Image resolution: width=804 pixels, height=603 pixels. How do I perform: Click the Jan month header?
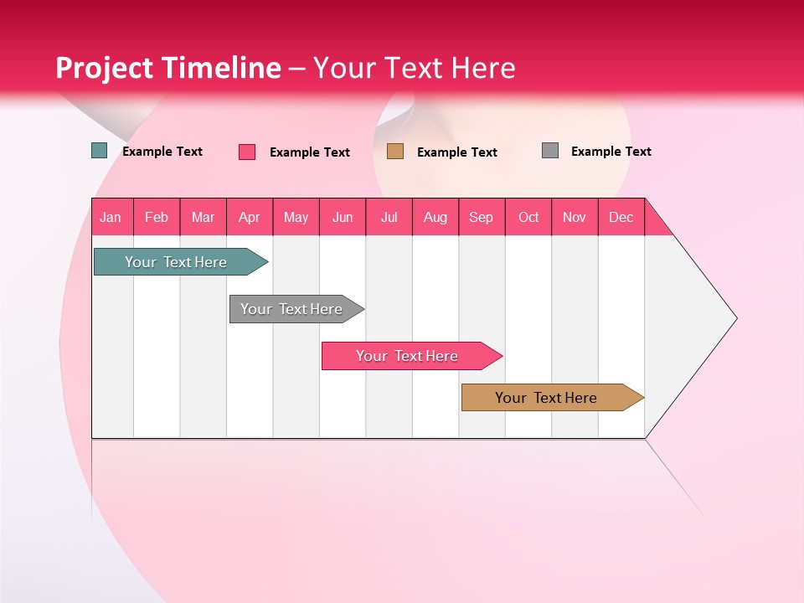111,218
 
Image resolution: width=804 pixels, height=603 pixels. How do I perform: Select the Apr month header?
250,218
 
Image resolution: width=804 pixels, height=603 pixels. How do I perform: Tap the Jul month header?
389,218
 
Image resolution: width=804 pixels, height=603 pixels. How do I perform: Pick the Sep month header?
482,218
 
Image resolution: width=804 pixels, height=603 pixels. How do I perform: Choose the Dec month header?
621,218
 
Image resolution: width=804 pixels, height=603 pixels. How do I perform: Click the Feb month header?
157,218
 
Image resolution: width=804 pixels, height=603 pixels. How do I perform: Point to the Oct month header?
528,218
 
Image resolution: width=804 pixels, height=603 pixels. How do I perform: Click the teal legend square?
100,151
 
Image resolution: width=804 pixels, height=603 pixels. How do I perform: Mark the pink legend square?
247,152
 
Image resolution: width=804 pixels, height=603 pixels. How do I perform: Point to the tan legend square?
395,152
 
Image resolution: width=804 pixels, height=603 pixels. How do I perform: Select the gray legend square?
550,151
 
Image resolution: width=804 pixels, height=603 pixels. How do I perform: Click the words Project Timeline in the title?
168,68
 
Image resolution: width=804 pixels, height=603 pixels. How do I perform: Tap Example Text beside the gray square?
611,152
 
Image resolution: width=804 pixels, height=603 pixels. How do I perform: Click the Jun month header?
343,218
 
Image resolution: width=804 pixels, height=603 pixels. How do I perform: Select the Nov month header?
575,218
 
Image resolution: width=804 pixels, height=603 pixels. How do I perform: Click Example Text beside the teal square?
162,152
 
